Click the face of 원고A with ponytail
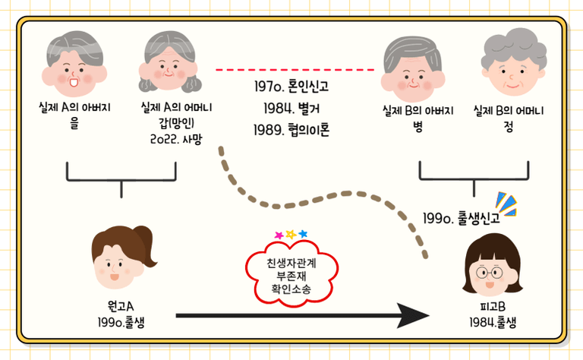[115, 262]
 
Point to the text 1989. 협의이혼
[292, 129]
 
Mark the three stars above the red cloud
[291, 235]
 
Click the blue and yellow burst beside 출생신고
[506, 203]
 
